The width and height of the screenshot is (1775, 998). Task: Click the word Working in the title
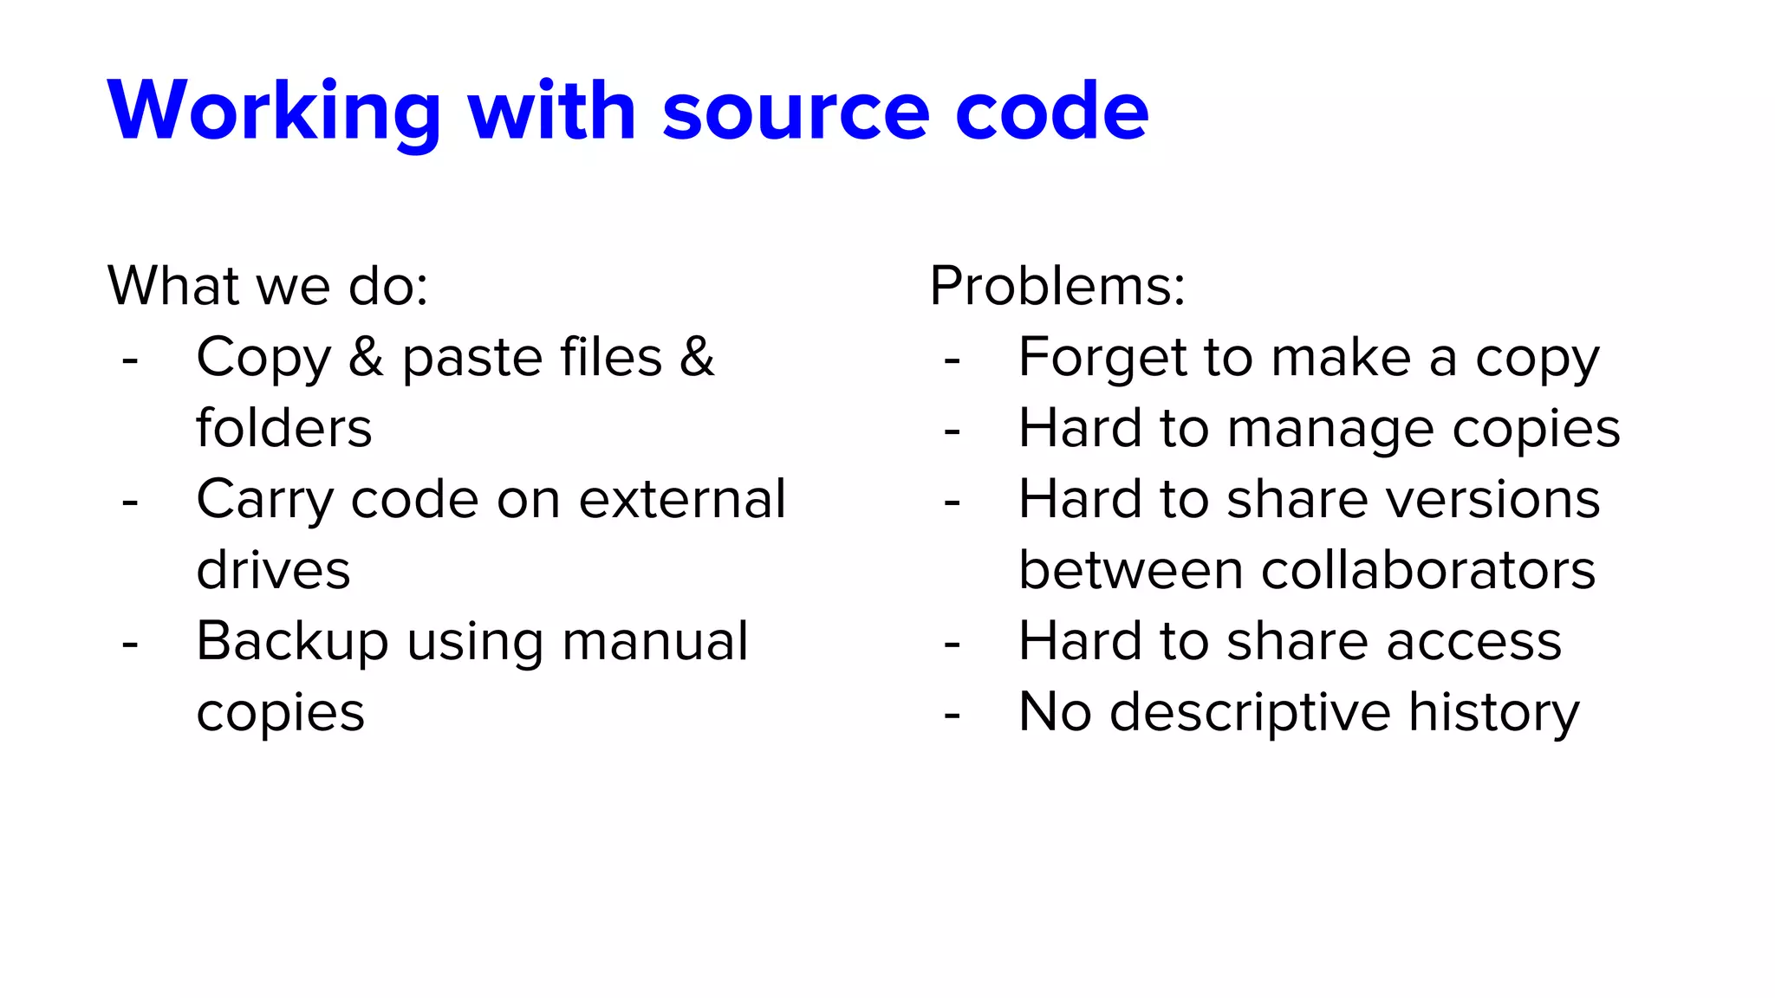tap(274, 113)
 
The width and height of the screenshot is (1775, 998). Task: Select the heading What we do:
tap(268, 286)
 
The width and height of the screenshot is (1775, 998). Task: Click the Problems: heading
tap(1057, 286)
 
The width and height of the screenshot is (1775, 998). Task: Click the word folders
tap(284, 428)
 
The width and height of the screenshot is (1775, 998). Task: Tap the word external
tap(682, 500)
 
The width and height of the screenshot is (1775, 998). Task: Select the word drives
tap(274, 571)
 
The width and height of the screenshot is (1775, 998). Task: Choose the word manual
tap(655, 642)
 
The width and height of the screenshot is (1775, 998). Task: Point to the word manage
tap(1330, 429)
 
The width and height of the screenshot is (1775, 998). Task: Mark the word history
tap(1494, 713)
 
